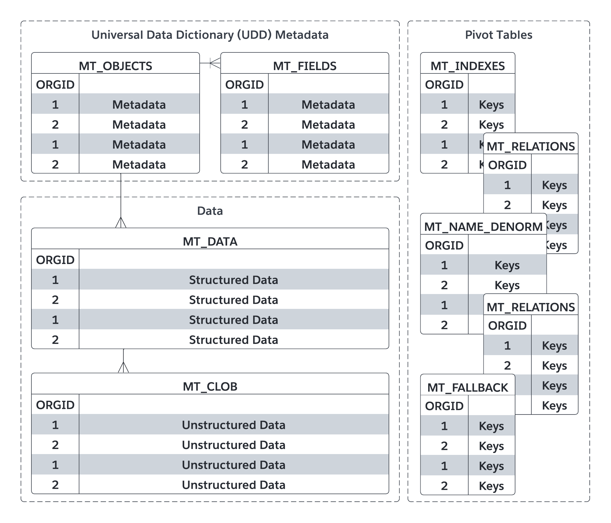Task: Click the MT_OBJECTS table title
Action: pyautogui.click(x=115, y=66)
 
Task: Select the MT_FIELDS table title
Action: pyautogui.click(x=305, y=66)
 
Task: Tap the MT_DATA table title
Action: pyautogui.click(x=210, y=241)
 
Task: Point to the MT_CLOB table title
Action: pyautogui.click(x=210, y=387)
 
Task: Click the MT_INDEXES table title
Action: pyautogui.click(x=468, y=66)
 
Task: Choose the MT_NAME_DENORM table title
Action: pyautogui.click(x=483, y=227)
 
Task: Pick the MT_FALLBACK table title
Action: pyautogui.click(x=468, y=387)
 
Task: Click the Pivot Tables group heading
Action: pyautogui.click(x=499, y=35)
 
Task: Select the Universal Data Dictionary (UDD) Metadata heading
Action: pyautogui.click(x=210, y=35)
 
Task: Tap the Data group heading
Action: pyautogui.click(x=210, y=211)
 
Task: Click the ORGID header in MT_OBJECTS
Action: pyautogui.click(x=55, y=85)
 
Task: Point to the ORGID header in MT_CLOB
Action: pyautogui.click(x=55, y=405)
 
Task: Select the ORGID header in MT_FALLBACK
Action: pyautogui.click(x=444, y=406)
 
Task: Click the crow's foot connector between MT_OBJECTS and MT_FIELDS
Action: pyautogui.click(x=215, y=63)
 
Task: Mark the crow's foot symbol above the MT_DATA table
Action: pyautogui.click(x=121, y=222)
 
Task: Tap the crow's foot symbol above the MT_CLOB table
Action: pyautogui.click(x=123, y=367)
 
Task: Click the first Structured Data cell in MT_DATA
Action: pyautogui.click(x=234, y=280)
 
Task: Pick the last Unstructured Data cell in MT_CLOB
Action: pyautogui.click(x=234, y=485)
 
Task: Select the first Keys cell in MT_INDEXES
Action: pyautogui.click(x=491, y=105)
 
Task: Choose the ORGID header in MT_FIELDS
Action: pyautogui.click(x=245, y=85)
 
